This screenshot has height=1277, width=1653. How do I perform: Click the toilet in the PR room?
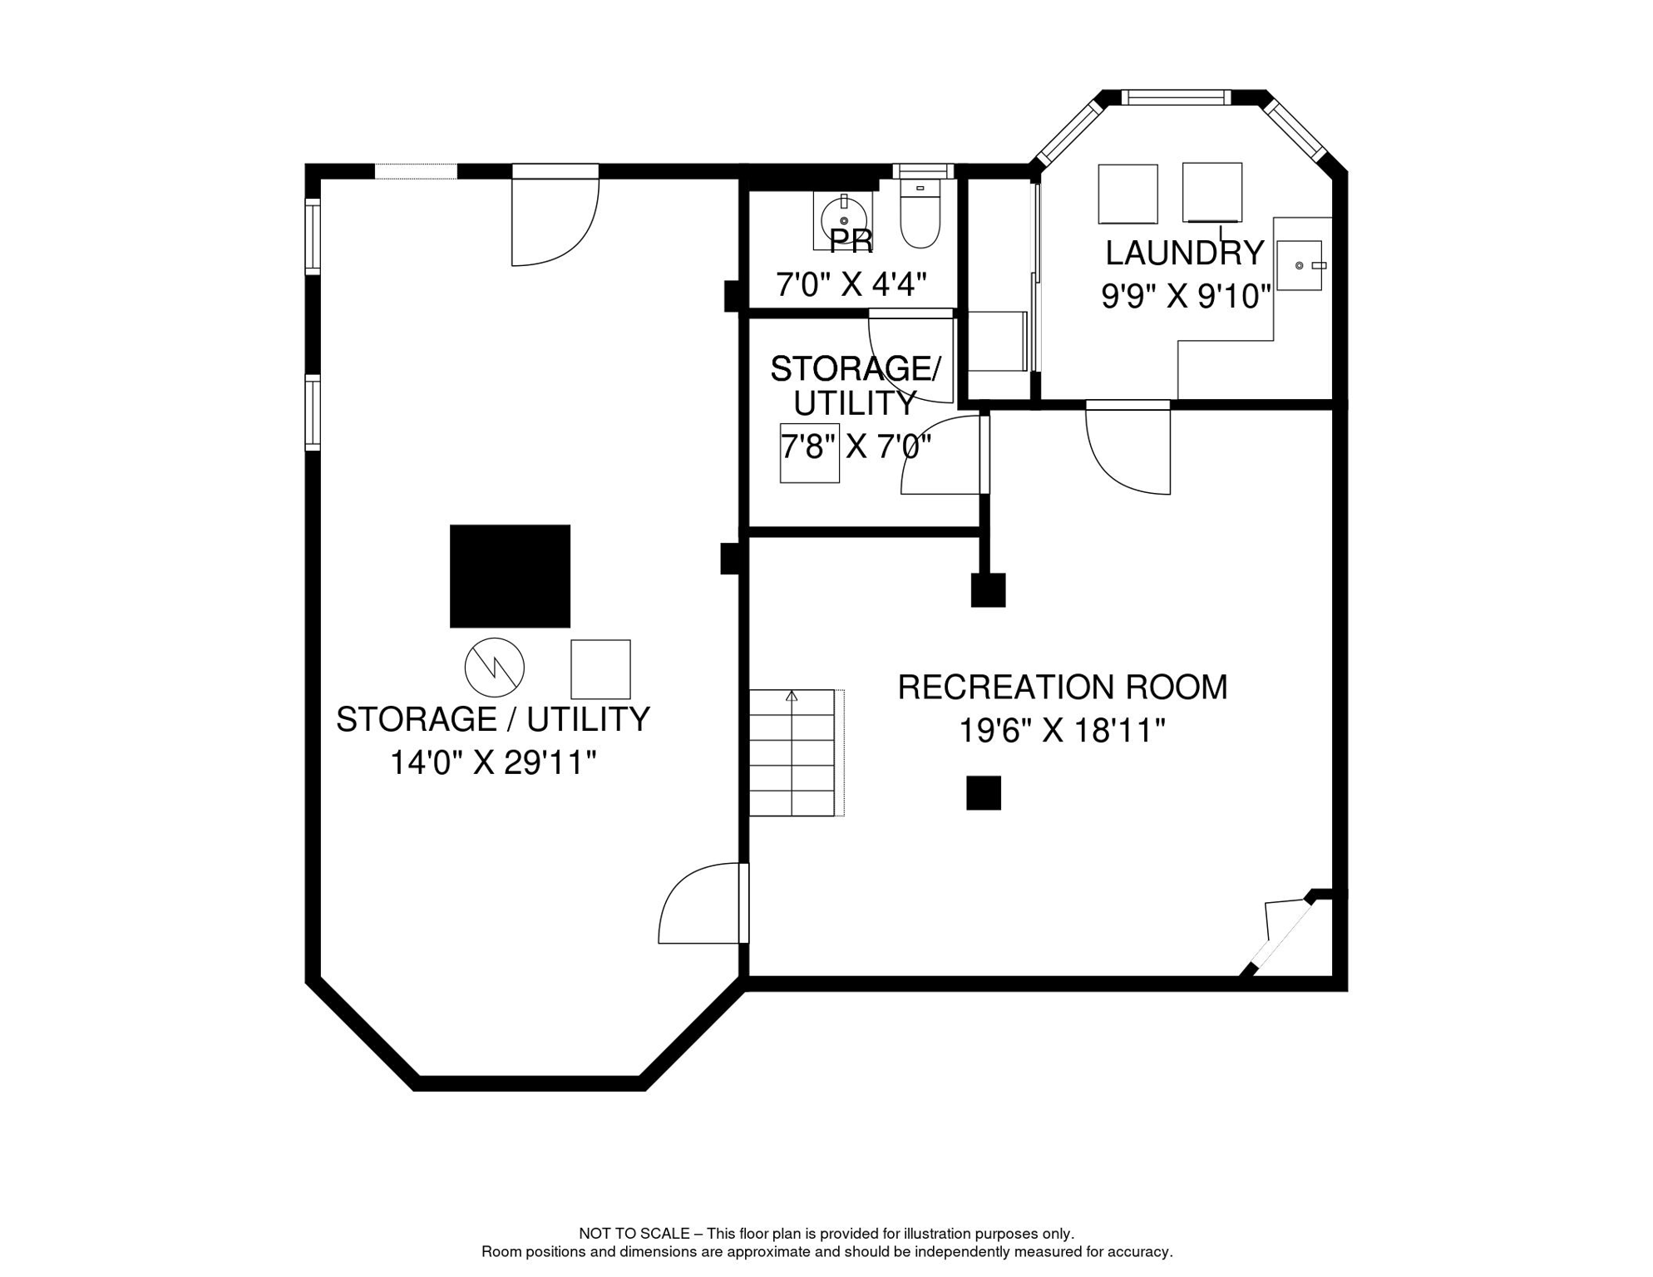(920, 214)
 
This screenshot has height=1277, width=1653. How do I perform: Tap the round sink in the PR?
(844, 220)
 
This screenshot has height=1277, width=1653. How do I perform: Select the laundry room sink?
(1300, 265)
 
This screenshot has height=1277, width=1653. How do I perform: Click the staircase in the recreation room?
(792, 752)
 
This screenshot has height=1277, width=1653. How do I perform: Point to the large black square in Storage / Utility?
(511, 576)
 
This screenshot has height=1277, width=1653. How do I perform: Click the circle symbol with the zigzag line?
(495, 668)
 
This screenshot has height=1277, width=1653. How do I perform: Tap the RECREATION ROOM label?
(1063, 688)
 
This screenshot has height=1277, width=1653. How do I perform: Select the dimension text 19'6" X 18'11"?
(1062, 732)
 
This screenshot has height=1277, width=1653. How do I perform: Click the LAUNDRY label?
(1184, 253)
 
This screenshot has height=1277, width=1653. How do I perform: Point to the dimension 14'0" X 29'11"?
(493, 762)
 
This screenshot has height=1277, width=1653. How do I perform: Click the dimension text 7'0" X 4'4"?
(851, 285)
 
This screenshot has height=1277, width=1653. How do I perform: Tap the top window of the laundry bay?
(1177, 97)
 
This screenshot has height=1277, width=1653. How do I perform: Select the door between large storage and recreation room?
(703, 903)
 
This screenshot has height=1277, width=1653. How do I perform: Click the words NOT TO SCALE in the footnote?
(634, 1234)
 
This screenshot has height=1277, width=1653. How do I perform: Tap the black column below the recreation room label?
(984, 793)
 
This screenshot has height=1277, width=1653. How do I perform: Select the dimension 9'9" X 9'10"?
(1187, 297)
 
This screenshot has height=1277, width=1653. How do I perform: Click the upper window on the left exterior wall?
(313, 237)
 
